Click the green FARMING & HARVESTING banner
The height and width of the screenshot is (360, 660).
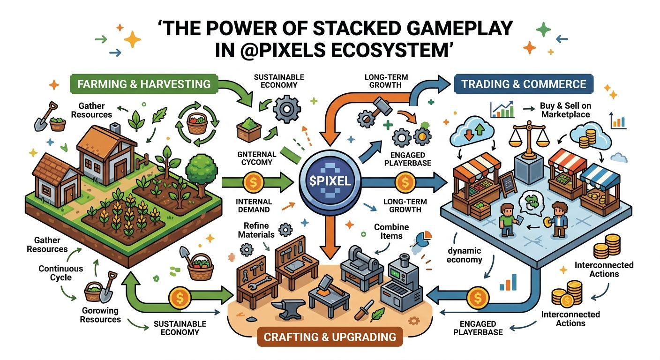[144, 84]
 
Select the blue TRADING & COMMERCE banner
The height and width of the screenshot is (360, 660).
[524, 84]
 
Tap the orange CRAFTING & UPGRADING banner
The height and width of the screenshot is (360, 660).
[330, 337]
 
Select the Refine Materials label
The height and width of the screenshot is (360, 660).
[256, 230]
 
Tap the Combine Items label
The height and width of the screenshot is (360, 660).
[391, 231]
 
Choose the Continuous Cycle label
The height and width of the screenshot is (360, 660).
[61, 273]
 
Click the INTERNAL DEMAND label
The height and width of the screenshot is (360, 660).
[255, 205]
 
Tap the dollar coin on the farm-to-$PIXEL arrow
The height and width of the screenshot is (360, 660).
[254, 180]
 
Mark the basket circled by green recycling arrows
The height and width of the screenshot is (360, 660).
[197, 125]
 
